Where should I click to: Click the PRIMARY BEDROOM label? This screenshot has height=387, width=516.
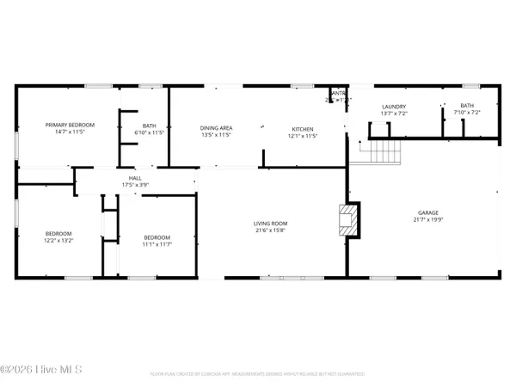(70, 125)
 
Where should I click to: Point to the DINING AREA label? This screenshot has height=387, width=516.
(217, 126)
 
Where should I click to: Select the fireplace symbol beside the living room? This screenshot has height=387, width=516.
(348, 219)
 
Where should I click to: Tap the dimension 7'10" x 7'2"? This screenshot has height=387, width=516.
(466, 113)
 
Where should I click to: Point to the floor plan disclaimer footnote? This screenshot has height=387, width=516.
(257, 374)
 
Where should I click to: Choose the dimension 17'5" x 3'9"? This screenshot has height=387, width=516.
(135, 184)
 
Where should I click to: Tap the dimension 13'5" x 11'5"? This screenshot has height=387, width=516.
(217, 135)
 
